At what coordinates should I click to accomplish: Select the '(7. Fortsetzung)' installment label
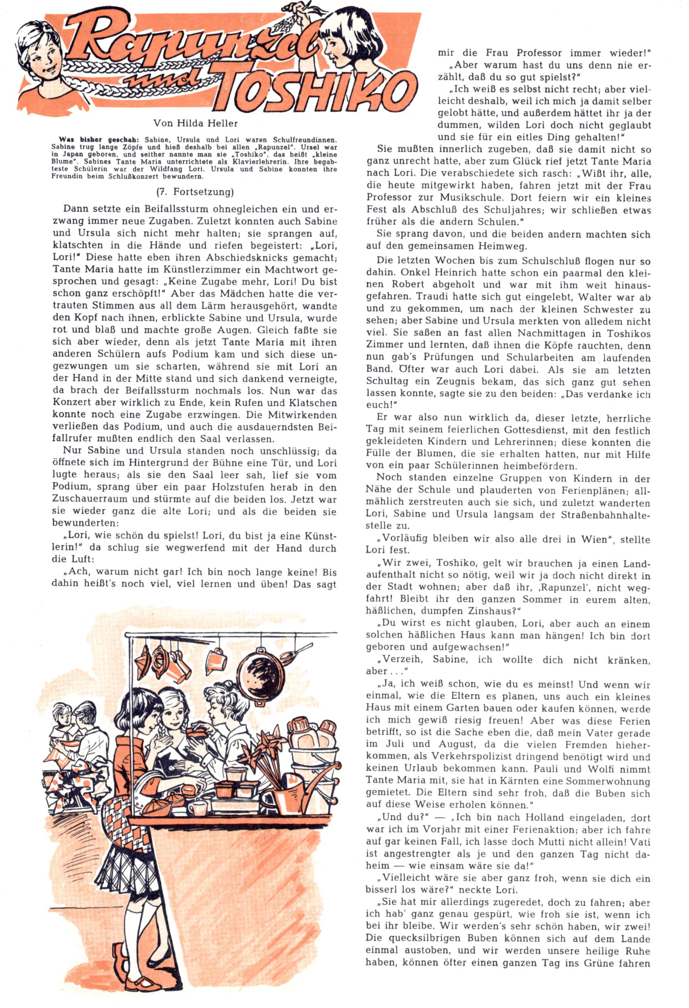coord(195,192)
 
